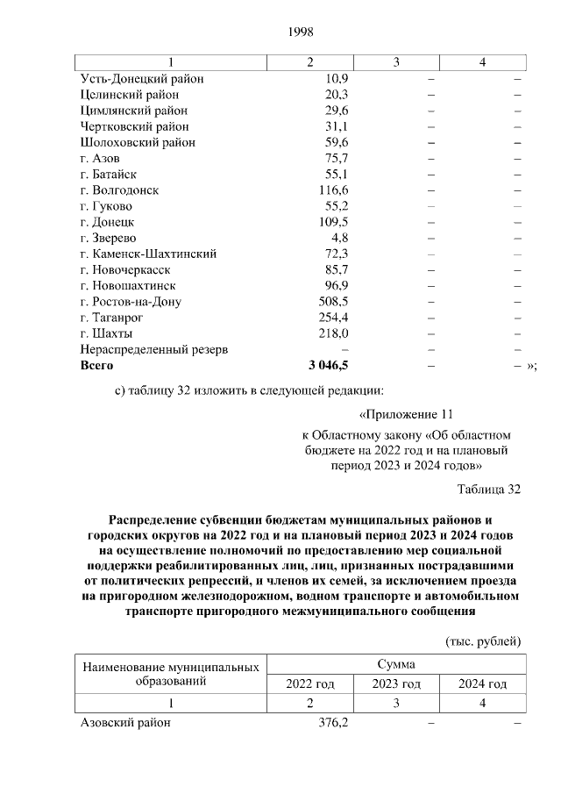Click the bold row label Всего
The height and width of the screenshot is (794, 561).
(x=96, y=366)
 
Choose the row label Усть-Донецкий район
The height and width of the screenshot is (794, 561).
(x=141, y=79)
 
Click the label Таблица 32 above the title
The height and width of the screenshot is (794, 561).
(x=489, y=490)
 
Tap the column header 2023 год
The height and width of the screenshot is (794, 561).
(x=396, y=684)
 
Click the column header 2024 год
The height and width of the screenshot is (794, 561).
(x=483, y=684)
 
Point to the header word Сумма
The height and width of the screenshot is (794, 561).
(x=396, y=664)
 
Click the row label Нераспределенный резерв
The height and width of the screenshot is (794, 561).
(x=154, y=350)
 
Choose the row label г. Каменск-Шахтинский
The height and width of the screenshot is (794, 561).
(x=148, y=254)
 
